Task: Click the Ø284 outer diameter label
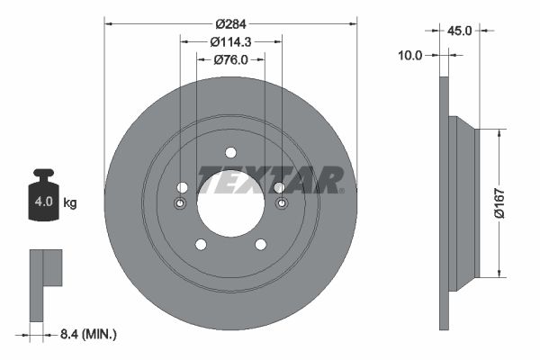coord(230,24)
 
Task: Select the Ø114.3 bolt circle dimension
coord(230,42)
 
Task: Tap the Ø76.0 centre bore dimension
coord(230,60)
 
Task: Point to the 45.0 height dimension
coord(459,31)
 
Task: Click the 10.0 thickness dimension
coord(410,55)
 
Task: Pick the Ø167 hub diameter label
coord(499,203)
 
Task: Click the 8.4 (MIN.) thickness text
coord(88,334)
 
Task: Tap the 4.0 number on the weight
coord(44,202)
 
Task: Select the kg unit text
coord(70,202)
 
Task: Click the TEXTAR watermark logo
coord(271,180)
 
